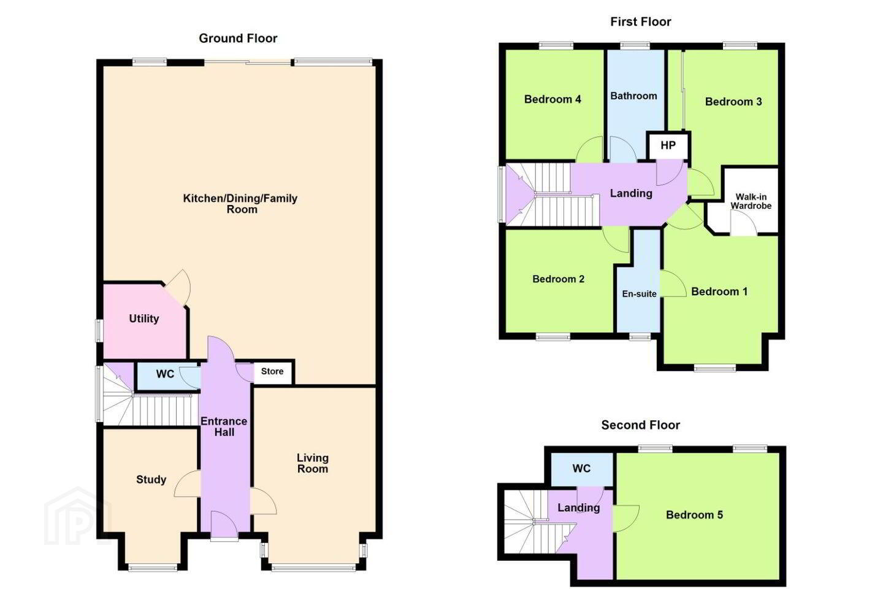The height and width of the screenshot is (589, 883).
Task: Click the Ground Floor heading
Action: [238, 38]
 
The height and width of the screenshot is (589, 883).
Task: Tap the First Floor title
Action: [641, 21]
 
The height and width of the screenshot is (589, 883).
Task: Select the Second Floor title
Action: [641, 425]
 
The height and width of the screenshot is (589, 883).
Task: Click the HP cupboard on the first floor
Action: [668, 145]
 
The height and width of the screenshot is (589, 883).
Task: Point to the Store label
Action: [272, 371]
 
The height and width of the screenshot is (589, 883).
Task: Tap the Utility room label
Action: [144, 319]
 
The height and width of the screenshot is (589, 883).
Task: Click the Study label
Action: [151, 479]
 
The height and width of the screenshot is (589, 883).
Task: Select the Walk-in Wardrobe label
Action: [751, 201]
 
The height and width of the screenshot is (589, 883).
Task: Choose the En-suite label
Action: [640, 294]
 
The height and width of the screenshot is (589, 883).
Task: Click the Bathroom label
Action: [633, 96]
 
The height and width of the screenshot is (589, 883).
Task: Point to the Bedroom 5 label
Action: [694, 515]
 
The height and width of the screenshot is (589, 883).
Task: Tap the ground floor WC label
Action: [165, 374]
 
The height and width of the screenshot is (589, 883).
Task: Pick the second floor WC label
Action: [581, 468]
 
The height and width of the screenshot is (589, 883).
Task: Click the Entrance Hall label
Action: [224, 426]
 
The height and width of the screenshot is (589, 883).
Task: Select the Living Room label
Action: [313, 463]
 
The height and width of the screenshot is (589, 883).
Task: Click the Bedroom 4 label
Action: [552, 99]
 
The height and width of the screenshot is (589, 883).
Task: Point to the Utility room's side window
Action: [99, 330]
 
